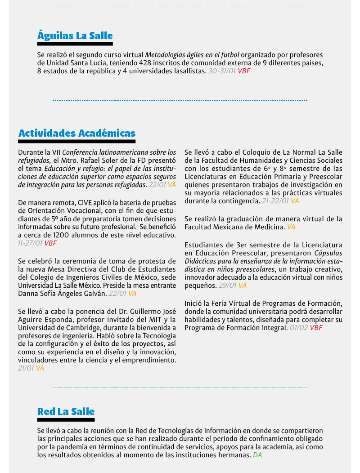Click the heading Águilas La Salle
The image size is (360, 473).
(x=75, y=36)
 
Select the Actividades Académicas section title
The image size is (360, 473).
(x=77, y=133)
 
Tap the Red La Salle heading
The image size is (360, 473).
(x=66, y=411)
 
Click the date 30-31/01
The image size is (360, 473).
(x=222, y=71)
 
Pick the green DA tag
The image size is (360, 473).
(x=257, y=455)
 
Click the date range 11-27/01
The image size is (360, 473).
(x=30, y=243)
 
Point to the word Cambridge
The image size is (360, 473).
(x=79, y=328)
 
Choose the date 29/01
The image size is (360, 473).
(x=227, y=285)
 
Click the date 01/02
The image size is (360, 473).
(x=299, y=328)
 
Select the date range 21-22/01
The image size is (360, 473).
(x=275, y=201)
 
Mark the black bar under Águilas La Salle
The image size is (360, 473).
(x=75, y=44)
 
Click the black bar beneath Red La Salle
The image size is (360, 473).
(x=66, y=420)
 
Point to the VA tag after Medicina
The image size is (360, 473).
(x=291, y=227)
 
